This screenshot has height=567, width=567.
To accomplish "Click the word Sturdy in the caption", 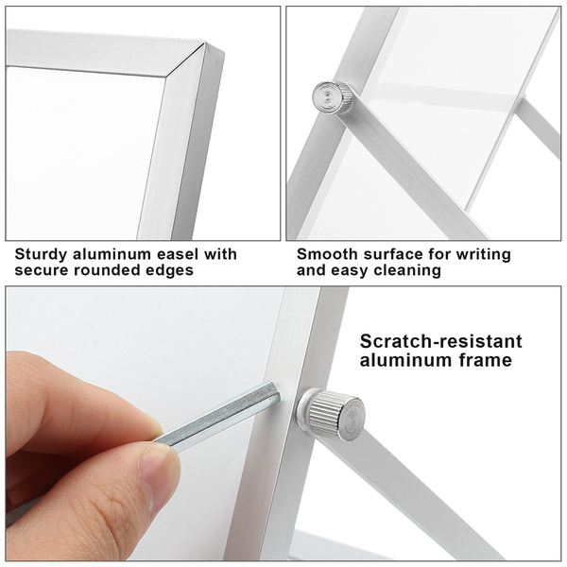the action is click(41, 255).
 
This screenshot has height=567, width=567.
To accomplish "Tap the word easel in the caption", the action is click(178, 254).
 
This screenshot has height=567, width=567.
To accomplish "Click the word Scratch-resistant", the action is click(440, 341).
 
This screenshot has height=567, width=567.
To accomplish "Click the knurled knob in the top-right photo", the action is click(332, 97).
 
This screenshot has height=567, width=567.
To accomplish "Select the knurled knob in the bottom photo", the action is click(331, 415).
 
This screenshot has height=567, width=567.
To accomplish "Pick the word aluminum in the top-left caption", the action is click(112, 254).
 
